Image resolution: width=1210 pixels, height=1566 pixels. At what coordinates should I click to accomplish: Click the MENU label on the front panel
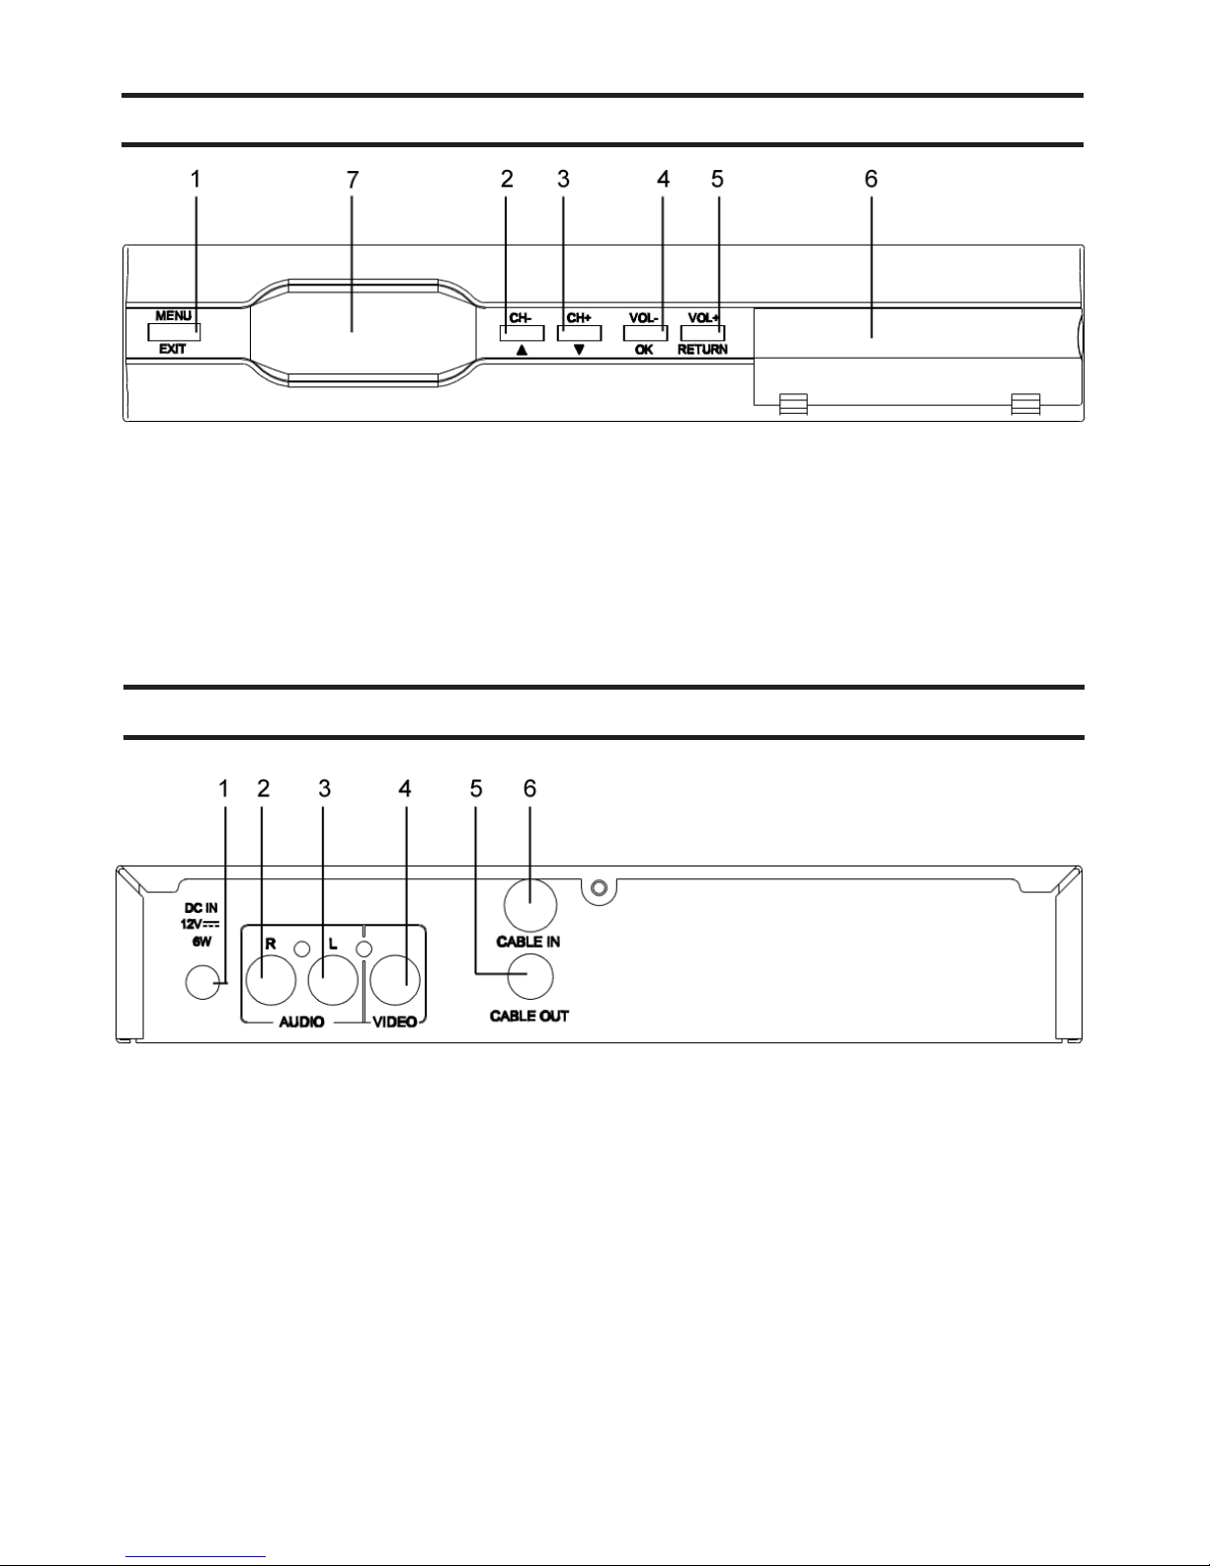(174, 315)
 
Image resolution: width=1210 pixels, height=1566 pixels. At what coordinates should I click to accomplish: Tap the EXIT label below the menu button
(173, 349)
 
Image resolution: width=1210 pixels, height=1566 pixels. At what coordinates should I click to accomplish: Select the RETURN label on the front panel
(702, 350)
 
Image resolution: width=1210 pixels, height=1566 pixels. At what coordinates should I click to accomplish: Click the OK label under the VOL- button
(644, 350)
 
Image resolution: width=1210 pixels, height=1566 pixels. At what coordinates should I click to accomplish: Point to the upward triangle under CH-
(522, 350)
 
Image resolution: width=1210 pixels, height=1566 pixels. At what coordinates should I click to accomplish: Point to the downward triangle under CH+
(579, 350)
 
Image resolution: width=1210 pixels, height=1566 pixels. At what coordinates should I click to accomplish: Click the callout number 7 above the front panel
(353, 180)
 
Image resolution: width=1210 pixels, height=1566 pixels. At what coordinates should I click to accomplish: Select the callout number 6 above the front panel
(871, 179)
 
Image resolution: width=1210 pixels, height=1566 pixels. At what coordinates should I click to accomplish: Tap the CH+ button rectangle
(579, 333)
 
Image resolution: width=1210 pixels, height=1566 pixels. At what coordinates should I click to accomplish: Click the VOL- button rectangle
(645, 333)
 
